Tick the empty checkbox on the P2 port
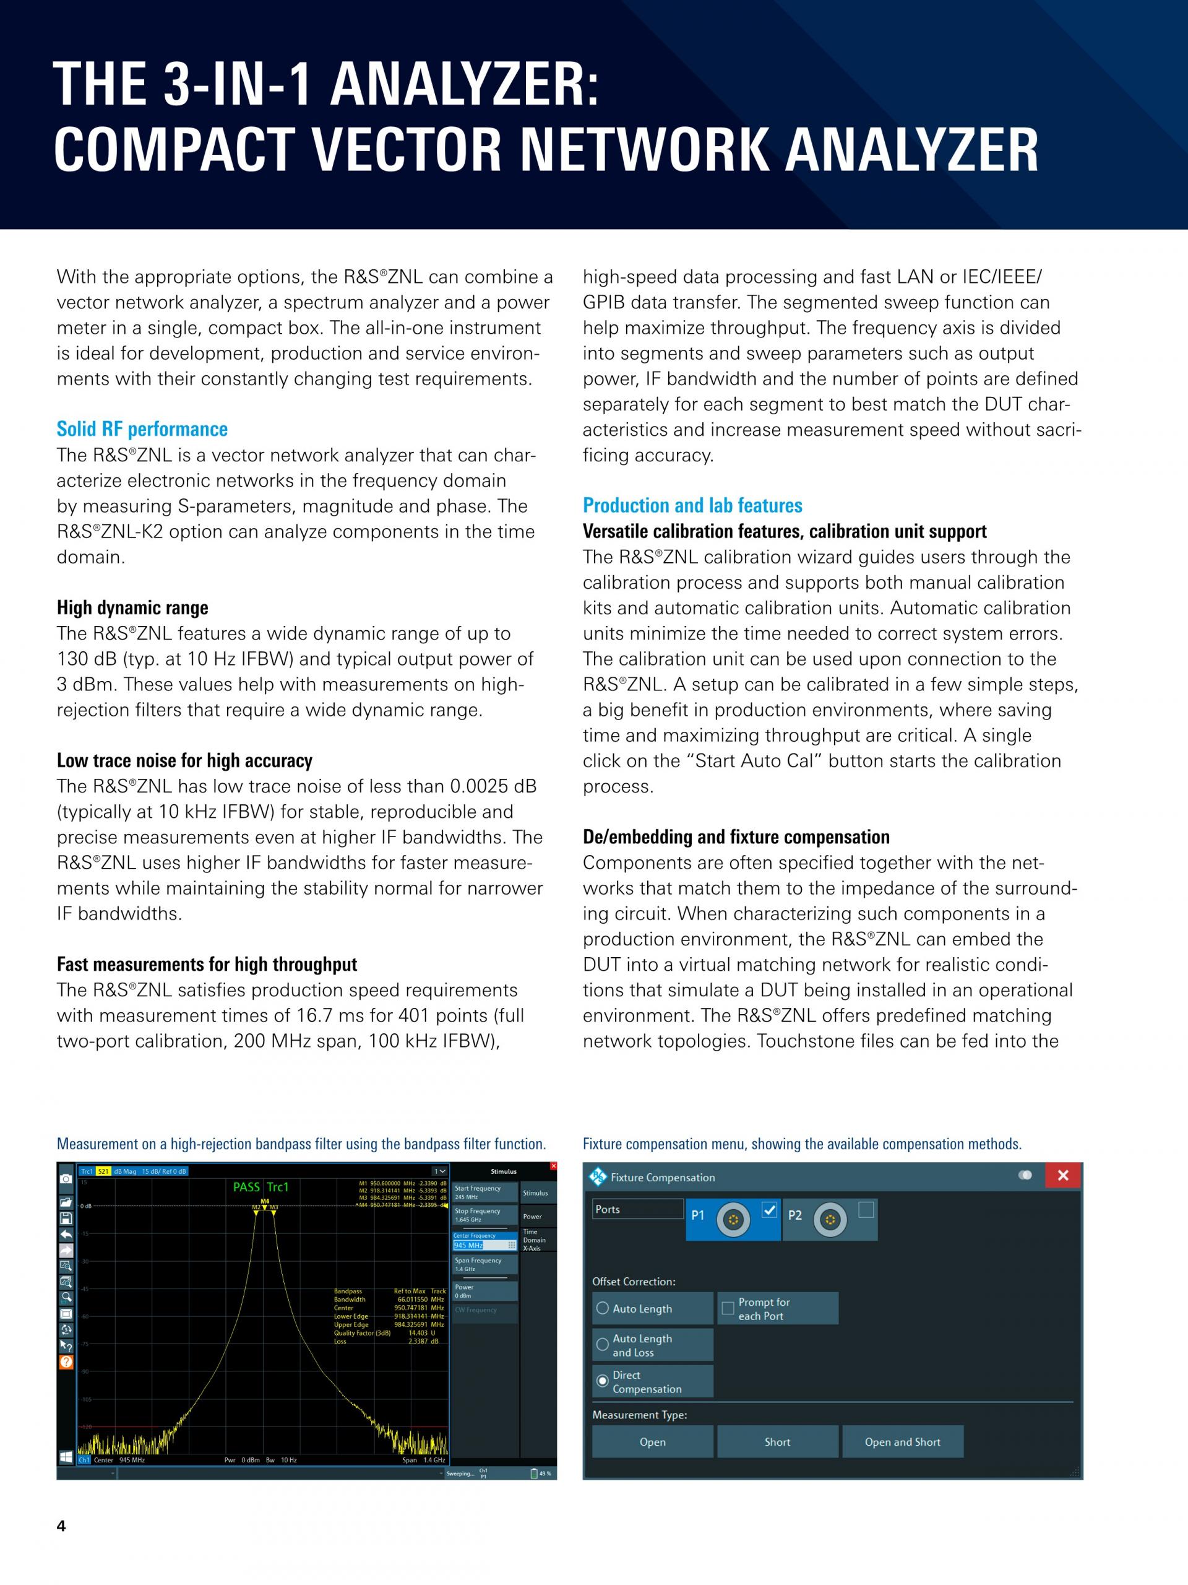(x=866, y=1210)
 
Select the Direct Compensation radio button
(x=602, y=1380)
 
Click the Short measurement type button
(x=777, y=1442)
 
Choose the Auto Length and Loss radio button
(x=602, y=1344)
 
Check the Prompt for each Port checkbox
(x=728, y=1308)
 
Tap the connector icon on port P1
(x=733, y=1219)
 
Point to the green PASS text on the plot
(x=246, y=1188)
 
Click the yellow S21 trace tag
(x=104, y=1171)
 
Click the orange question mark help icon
(x=66, y=1362)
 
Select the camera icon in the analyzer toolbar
(x=66, y=1179)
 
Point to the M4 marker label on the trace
(x=265, y=1201)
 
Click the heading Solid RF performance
(x=142, y=429)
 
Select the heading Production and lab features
(x=692, y=505)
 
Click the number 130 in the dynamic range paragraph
(x=74, y=659)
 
